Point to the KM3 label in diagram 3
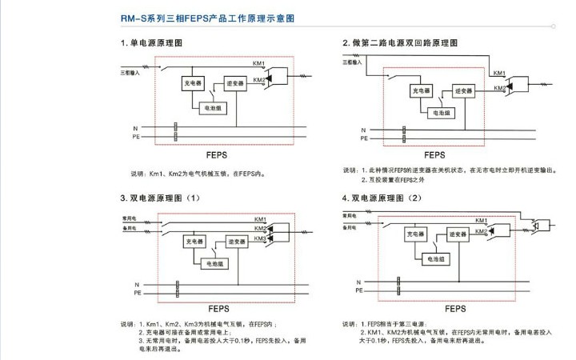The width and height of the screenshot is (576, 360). coord(260,239)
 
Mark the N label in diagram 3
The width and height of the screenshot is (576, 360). coord(137,284)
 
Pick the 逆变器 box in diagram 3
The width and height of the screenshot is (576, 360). coord(235,240)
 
